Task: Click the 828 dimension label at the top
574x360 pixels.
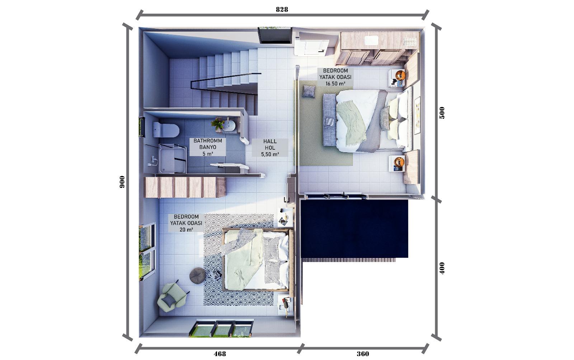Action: coord(282,9)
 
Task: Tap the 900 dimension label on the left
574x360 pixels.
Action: coord(122,182)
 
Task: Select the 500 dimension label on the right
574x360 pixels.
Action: coord(442,113)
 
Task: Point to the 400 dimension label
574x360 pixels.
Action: coord(442,268)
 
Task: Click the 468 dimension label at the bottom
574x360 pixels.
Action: coord(220,354)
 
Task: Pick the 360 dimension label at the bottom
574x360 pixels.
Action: coord(363,354)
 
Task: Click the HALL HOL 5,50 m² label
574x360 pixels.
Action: coord(270,148)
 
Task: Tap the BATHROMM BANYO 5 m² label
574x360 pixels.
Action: coord(208,147)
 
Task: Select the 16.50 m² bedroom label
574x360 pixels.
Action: coord(335,77)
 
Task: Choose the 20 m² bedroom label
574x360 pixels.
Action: coord(186,223)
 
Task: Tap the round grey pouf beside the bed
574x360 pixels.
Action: coord(198,275)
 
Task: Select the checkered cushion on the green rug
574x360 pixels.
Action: coord(309,91)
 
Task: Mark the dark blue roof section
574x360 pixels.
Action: coord(354,229)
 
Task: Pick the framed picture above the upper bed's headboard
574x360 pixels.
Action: coord(417,115)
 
